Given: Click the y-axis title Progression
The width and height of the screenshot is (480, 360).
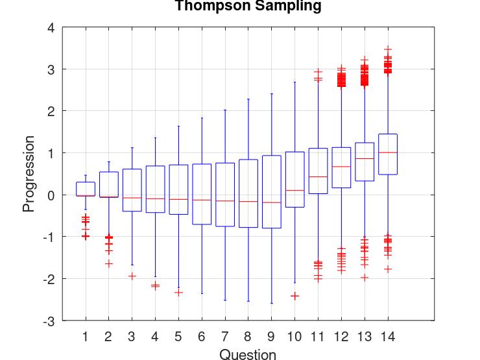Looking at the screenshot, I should [29, 174].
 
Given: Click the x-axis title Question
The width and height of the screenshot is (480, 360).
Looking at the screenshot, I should [248, 354].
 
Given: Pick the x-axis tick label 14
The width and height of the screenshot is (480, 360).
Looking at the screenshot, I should [387, 337].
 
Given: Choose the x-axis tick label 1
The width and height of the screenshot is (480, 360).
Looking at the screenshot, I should [86, 337].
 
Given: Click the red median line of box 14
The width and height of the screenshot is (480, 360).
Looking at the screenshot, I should [387, 152].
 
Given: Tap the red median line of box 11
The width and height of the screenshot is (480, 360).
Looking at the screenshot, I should [318, 176].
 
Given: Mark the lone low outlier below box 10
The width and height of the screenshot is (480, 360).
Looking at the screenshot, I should [294, 296].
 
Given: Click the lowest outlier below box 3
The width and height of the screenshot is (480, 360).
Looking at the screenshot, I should [132, 276].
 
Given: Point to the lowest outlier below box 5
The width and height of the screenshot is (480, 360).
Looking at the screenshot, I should [178, 293].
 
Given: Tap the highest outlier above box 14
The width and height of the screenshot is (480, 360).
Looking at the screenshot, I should [387, 49].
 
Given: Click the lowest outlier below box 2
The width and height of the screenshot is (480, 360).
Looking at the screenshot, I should [108, 263].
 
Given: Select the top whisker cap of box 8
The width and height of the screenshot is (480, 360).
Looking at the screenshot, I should [248, 99].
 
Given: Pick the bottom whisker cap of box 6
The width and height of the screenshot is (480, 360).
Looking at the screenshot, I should [202, 293].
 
